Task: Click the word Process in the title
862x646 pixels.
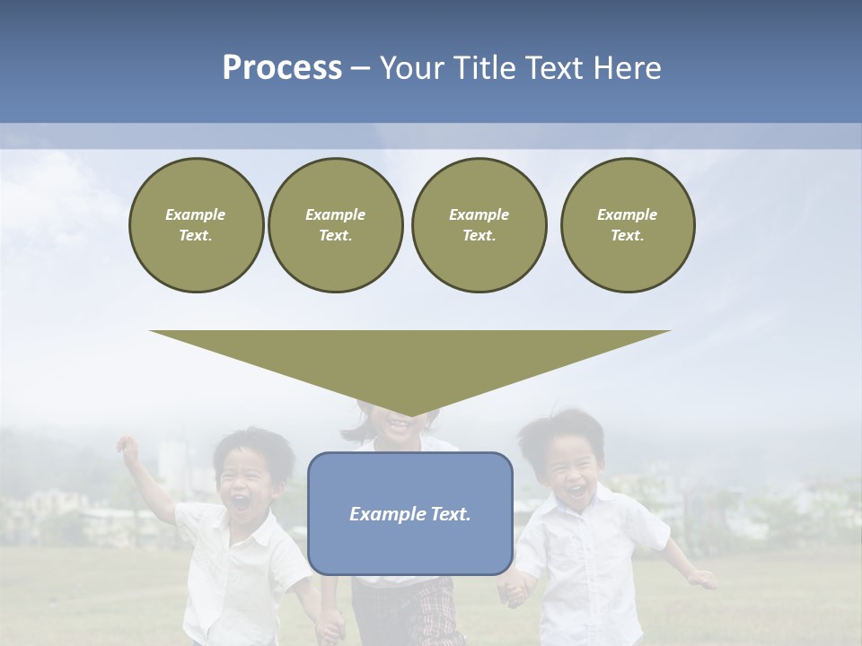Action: [282, 68]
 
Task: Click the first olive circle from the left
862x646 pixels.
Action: [196, 224]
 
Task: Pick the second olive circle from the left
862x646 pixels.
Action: [335, 224]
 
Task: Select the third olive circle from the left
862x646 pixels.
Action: [479, 224]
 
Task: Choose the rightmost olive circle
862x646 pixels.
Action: [627, 224]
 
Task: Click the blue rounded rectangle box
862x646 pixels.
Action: [409, 538]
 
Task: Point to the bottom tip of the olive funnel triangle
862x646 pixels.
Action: [410, 415]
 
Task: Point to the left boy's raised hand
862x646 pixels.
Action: [128, 447]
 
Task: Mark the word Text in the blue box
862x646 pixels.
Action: [448, 514]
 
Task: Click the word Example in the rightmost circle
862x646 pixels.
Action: [627, 214]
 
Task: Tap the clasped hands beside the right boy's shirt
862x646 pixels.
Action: [514, 592]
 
